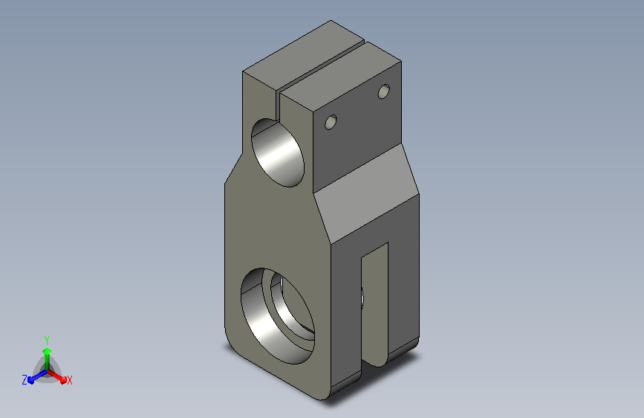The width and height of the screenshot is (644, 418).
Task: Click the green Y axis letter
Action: [47, 340]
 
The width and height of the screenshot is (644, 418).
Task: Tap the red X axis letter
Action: [69, 380]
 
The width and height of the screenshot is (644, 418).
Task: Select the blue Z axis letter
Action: [25, 380]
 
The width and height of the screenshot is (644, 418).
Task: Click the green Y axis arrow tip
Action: [48, 351]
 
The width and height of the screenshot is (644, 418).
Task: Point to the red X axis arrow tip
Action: [63, 380]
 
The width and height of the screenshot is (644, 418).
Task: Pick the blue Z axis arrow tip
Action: [30, 380]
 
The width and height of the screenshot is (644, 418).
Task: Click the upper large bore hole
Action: [278, 152]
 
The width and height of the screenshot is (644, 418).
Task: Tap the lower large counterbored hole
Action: [278, 316]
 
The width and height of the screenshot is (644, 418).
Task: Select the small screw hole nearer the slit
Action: [331, 122]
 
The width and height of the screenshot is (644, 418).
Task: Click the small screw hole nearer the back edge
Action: [383, 91]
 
